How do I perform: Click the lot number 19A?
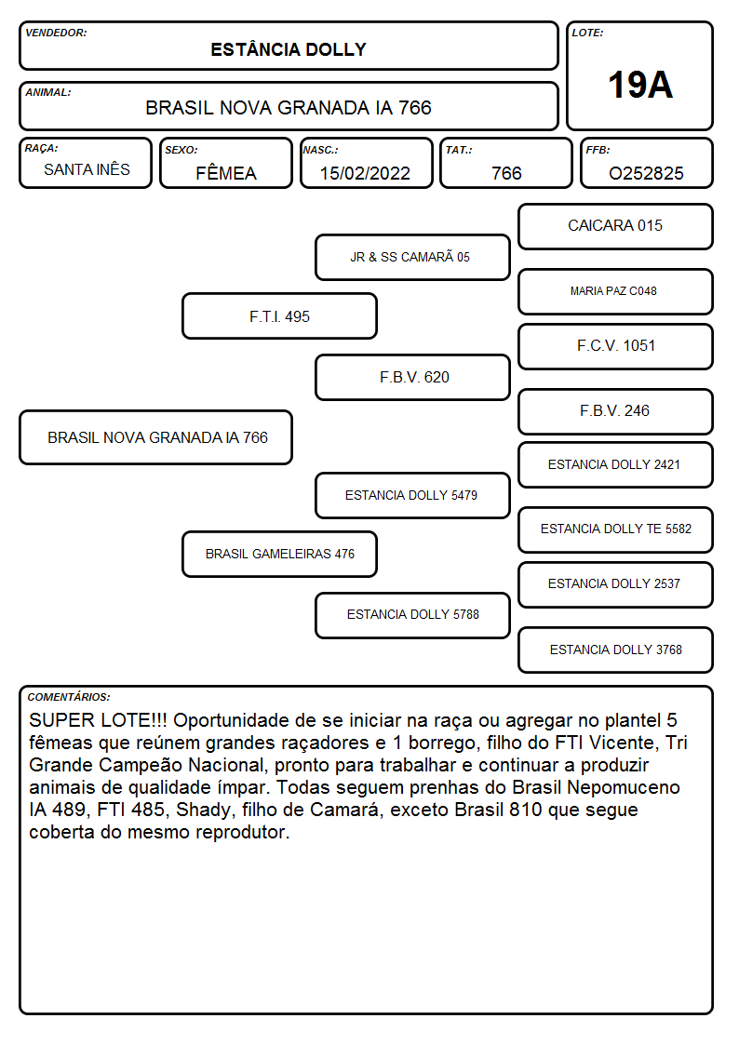(639, 85)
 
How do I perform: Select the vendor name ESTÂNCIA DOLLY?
(289, 50)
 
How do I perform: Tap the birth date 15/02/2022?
(365, 173)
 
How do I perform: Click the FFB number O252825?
(646, 173)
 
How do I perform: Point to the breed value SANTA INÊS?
(87, 169)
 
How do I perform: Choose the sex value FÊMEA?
(226, 173)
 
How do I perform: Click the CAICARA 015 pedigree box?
(615, 227)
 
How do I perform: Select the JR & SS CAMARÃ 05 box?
(412, 257)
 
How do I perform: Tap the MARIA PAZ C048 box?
(615, 291)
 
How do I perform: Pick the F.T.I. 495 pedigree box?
(279, 316)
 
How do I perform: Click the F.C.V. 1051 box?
(615, 346)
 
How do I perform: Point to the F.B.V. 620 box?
(412, 377)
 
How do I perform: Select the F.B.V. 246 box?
(615, 412)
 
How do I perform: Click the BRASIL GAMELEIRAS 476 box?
(279, 554)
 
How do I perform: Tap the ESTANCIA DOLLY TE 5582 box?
(615, 529)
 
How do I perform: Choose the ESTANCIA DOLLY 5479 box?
(412, 496)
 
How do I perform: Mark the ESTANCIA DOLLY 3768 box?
(615, 650)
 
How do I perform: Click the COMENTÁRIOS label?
(69, 697)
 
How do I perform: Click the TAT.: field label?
(459, 150)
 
